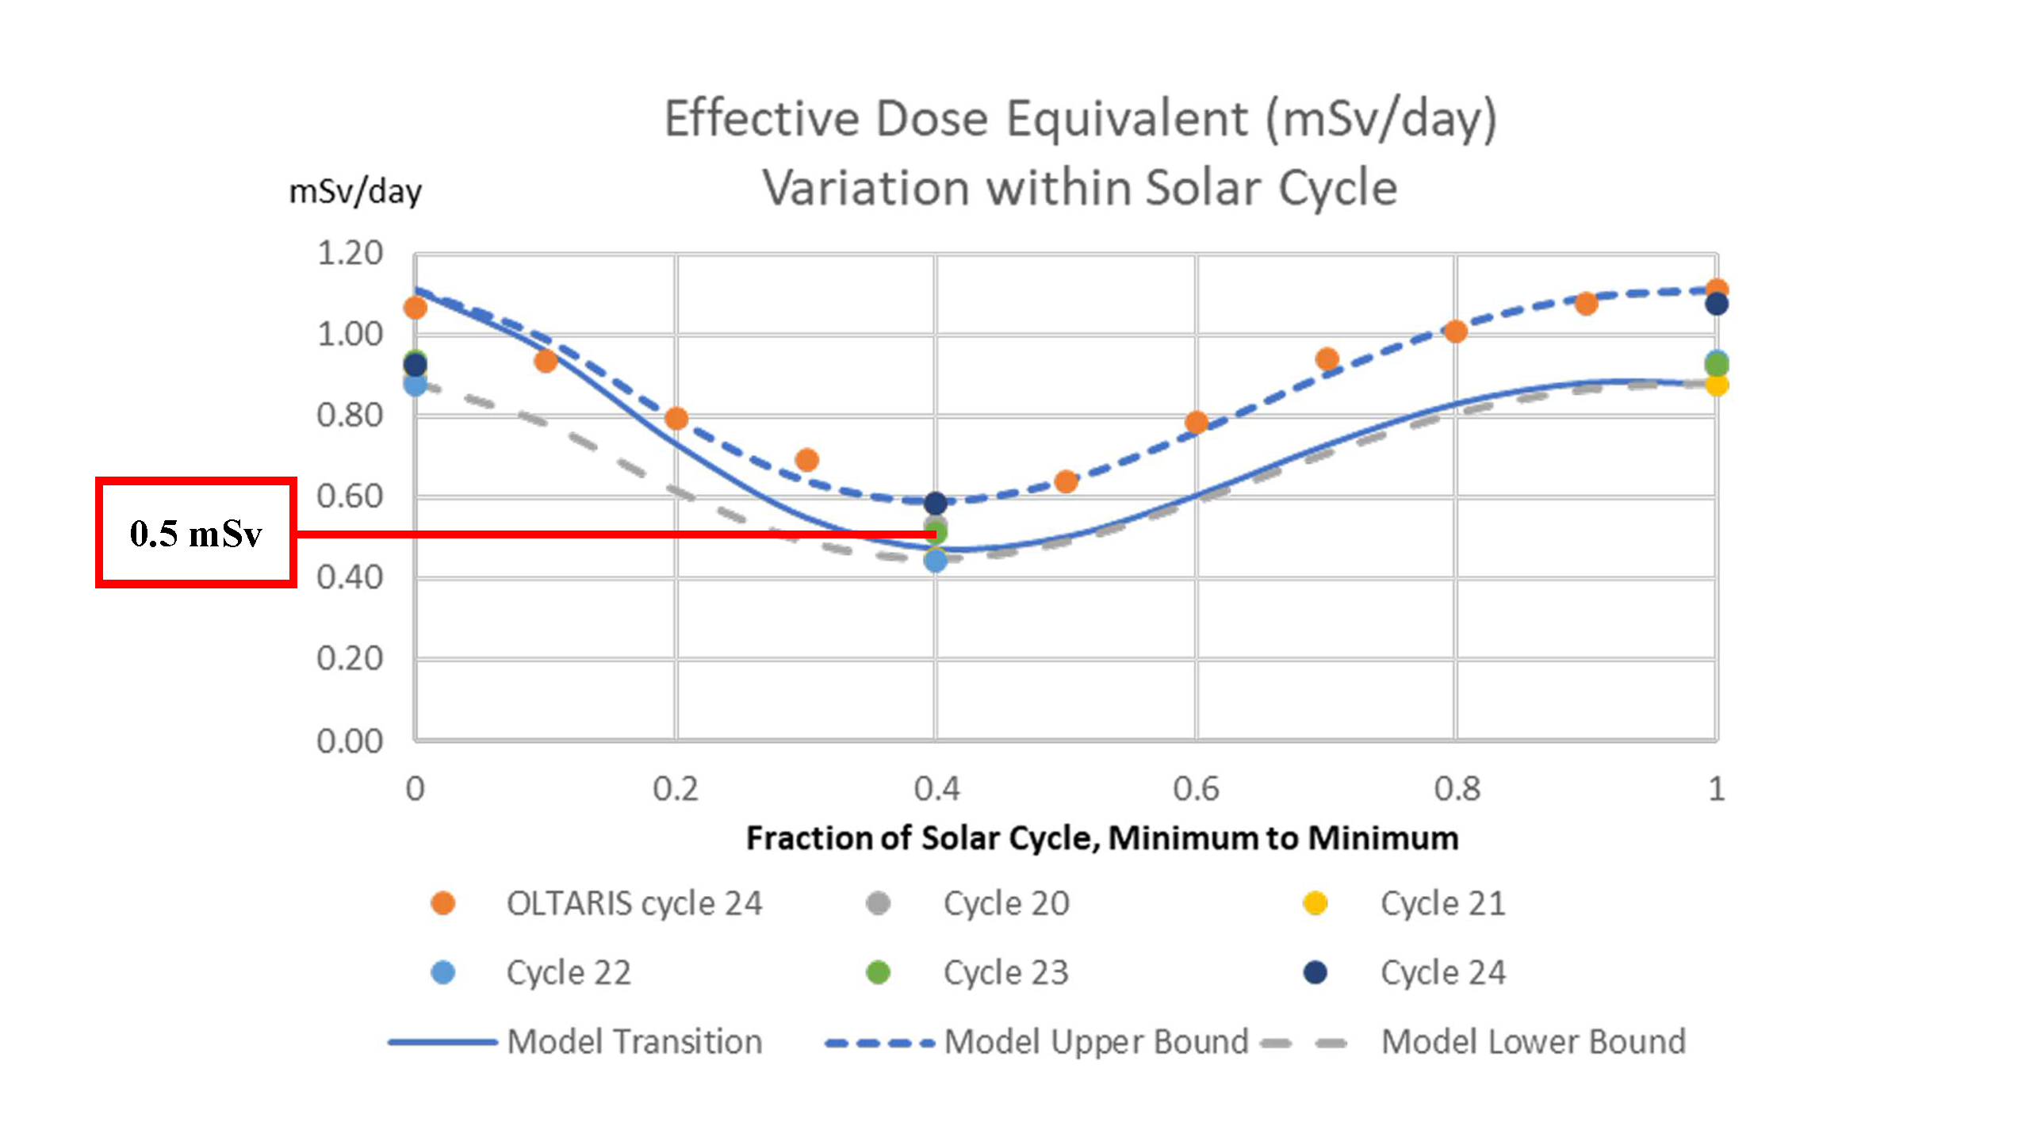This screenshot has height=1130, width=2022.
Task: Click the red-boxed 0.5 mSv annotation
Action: pos(196,533)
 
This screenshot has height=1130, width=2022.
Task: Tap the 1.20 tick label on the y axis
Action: pos(350,254)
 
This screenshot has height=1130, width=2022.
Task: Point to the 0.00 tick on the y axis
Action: pos(350,741)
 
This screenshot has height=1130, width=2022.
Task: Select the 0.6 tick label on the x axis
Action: pos(1196,789)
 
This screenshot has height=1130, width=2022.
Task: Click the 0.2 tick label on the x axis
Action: pos(676,789)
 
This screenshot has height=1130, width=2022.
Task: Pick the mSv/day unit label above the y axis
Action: pos(355,192)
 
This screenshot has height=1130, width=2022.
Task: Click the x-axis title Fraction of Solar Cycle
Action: pos(1102,838)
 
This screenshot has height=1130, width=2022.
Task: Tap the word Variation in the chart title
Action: pos(865,188)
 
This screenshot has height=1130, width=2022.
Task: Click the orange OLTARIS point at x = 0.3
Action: pos(806,460)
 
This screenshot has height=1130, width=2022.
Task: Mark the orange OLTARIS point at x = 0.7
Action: pos(1327,359)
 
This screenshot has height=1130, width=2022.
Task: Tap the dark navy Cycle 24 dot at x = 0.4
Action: pos(936,503)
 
